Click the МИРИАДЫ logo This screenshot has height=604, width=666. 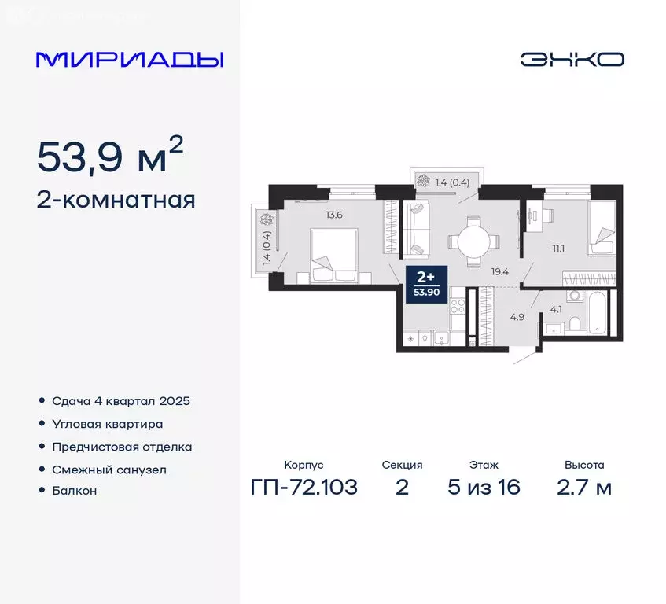coord(130,60)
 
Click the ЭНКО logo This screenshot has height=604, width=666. coord(572,60)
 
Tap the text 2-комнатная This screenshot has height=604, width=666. coord(116,201)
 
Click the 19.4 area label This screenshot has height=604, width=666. coord(499,271)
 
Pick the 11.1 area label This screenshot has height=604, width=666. coord(558,249)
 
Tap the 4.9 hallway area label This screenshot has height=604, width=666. coord(495,318)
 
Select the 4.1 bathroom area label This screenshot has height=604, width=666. coord(555,308)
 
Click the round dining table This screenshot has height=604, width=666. coord(473,240)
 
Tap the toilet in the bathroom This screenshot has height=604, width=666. coord(575,323)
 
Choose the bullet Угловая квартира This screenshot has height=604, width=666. coord(108,424)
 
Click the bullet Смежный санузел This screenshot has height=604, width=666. coord(109,469)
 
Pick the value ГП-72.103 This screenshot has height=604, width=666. coord(304,488)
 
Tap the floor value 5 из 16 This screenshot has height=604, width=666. coord(484,488)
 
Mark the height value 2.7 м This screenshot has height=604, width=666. coord(583,488)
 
